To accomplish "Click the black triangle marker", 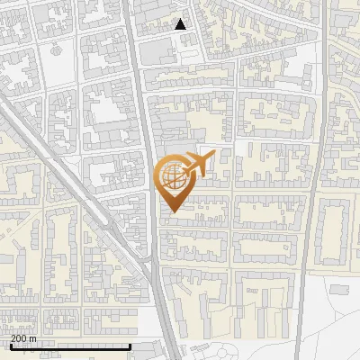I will tap(181, 24).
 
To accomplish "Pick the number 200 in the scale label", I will tap(17, 338).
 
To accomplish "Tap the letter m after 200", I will tap(31, 338).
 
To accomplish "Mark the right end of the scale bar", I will tap(131, 346).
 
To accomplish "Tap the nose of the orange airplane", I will tap(214, 157).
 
